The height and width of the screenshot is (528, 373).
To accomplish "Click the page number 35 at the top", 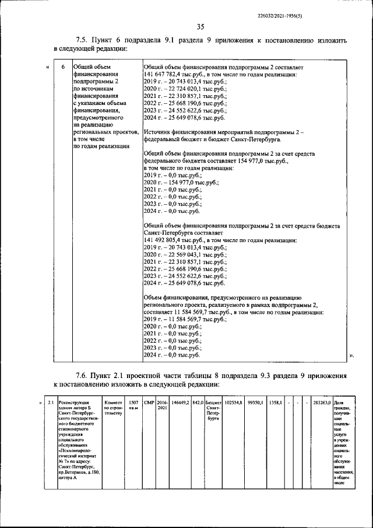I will pyautogui.click(x=200, y=26).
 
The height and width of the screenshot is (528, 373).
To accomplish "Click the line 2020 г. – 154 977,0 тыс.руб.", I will pyautogui.click(x=181, y=183).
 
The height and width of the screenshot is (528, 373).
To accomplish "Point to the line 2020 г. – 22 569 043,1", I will pyautogui.click(x=186, y=255).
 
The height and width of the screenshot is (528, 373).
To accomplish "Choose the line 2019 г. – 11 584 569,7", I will pyautogui.click(x=186, y=320).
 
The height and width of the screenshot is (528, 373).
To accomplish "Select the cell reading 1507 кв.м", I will pyautogui.click(x=133, y=405).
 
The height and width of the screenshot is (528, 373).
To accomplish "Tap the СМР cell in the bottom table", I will pyautogui.click(x=149, y=403).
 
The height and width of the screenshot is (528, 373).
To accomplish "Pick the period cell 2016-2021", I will pyautogui.click(x=162, y=405).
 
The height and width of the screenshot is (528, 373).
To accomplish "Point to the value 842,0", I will pyautogui.click(x=198, y=403).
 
